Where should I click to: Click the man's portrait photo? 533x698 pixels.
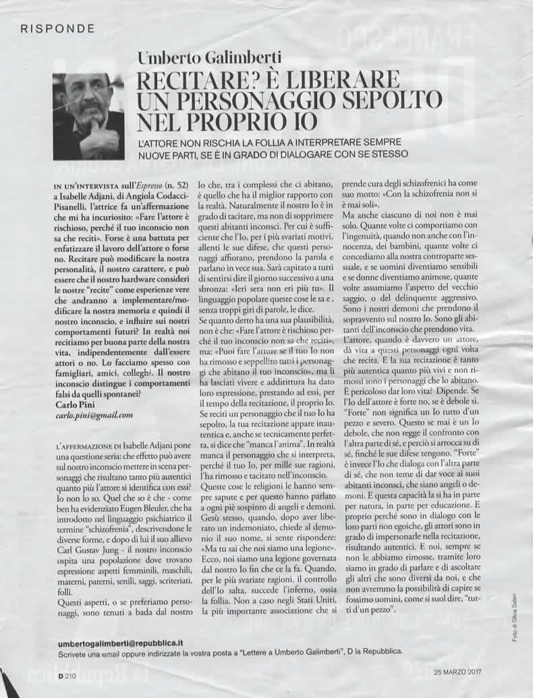(x=88, y=116)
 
